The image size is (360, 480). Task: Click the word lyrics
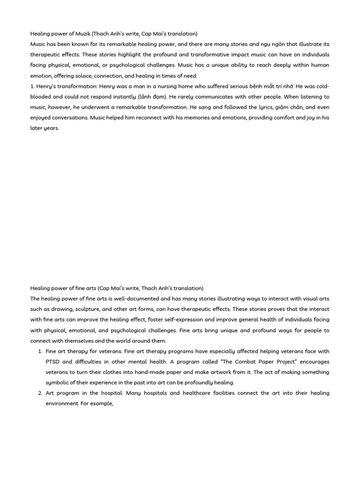point(254,107)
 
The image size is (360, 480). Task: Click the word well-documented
point(132,299)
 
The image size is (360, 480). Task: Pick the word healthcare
point(209,393)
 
